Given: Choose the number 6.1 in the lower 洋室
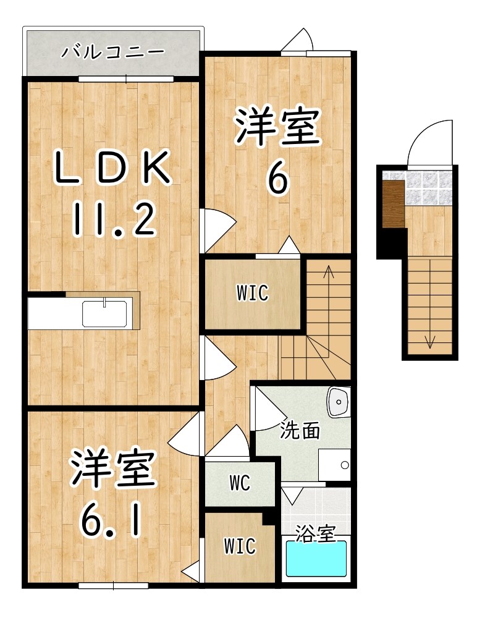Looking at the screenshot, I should click(111, 521).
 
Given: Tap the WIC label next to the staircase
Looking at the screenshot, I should click(253, 293).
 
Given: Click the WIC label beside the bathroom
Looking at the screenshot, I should click(240, 546).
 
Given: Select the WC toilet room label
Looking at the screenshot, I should click(240, 483).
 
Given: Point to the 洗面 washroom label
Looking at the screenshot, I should click(299, 431).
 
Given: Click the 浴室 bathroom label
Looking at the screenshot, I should click(314, 533).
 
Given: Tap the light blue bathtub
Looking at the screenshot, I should click(316, 559).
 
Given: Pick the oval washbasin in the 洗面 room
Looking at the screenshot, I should click(339, 402).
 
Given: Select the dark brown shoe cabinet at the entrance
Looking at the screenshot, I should click(392, 203).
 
